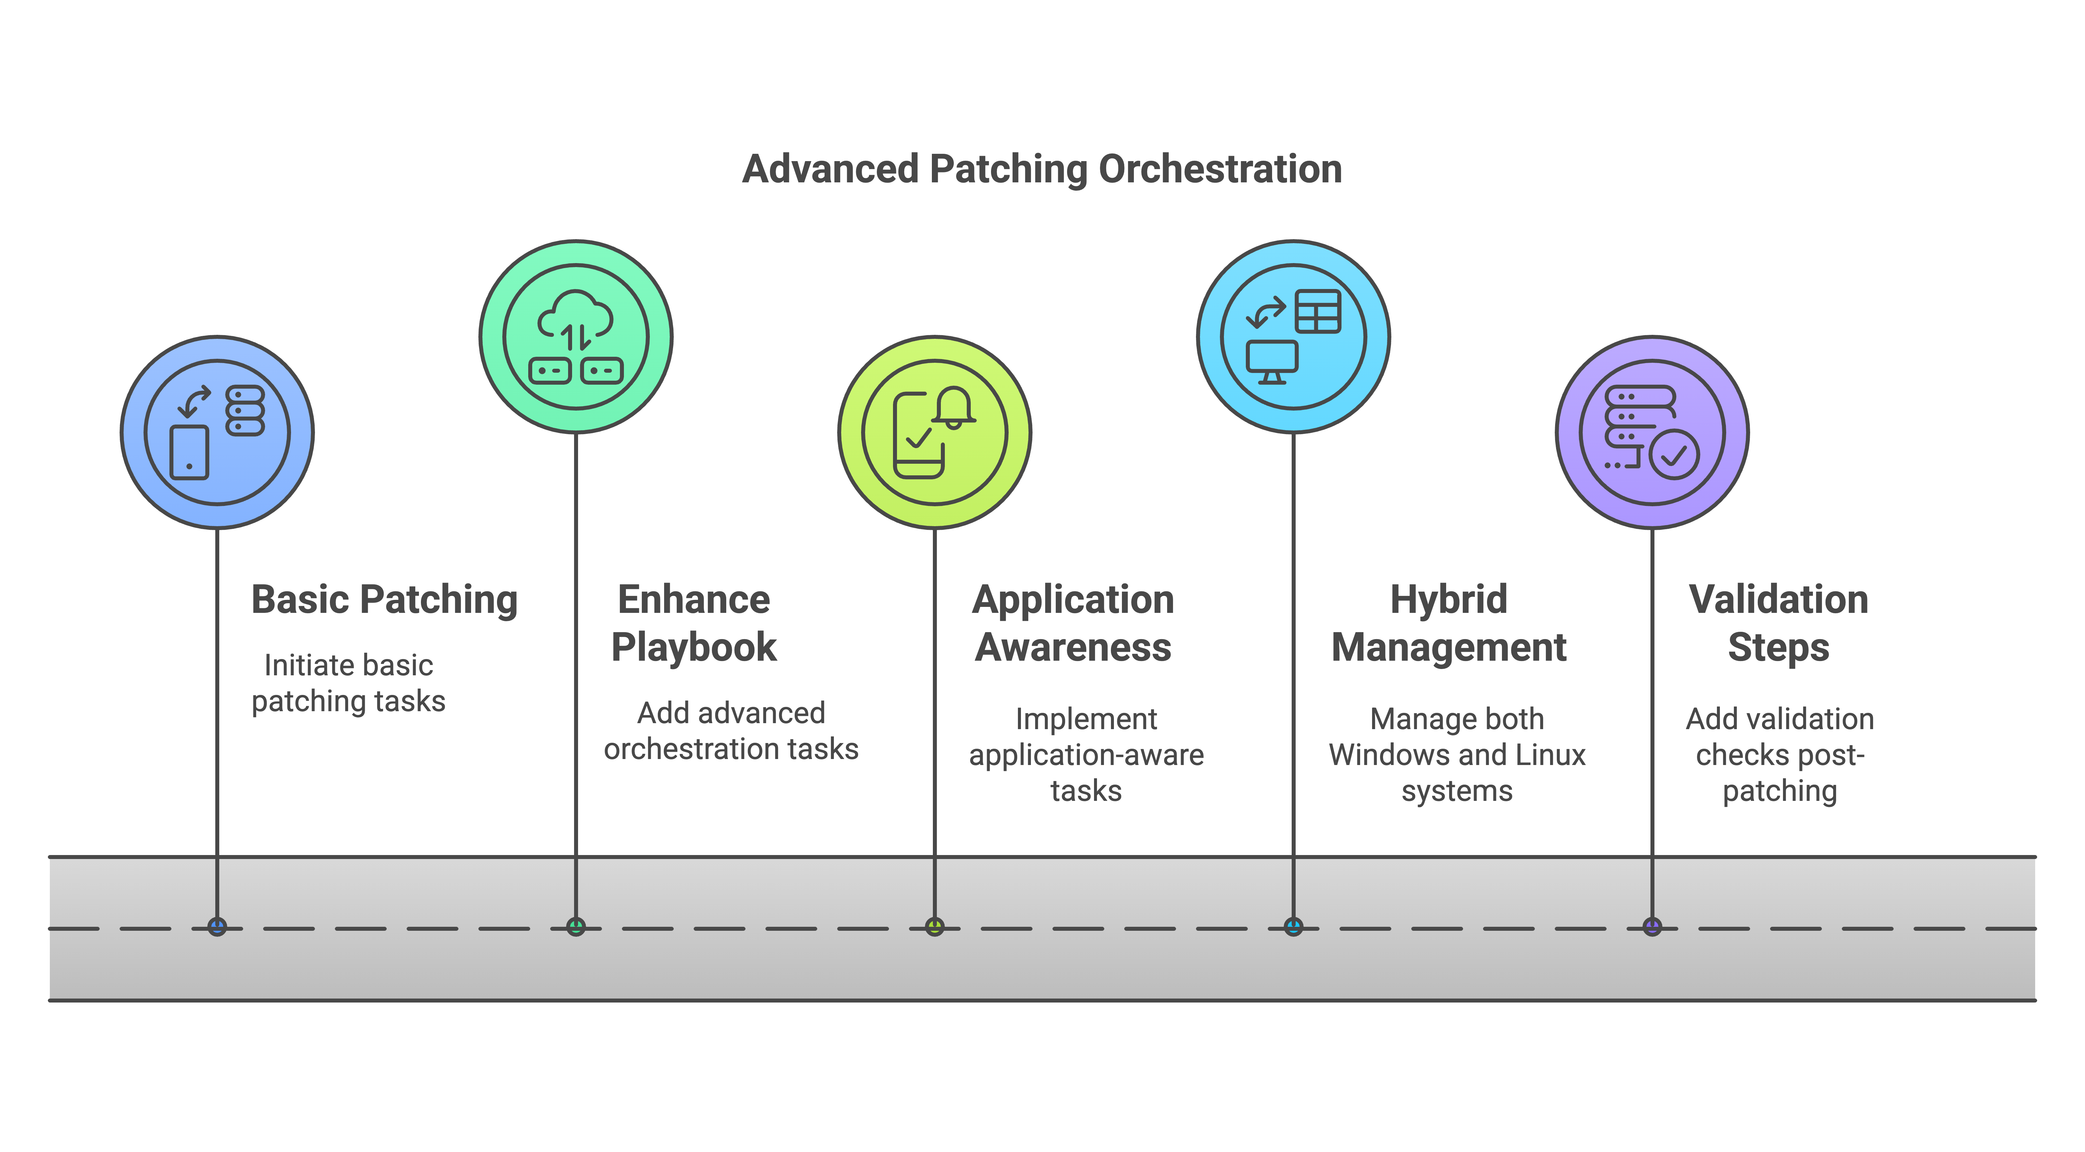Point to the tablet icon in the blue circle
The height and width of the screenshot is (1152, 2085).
click(189, 452)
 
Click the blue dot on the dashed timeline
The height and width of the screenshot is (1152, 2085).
click(217, 927)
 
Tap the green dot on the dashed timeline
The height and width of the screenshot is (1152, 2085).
click(575, 927)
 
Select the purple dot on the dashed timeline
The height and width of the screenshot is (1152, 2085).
click(1652, 927)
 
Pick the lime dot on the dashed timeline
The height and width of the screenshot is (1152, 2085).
click(935, 927)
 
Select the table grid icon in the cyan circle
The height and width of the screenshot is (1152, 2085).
click(1318, 312)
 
